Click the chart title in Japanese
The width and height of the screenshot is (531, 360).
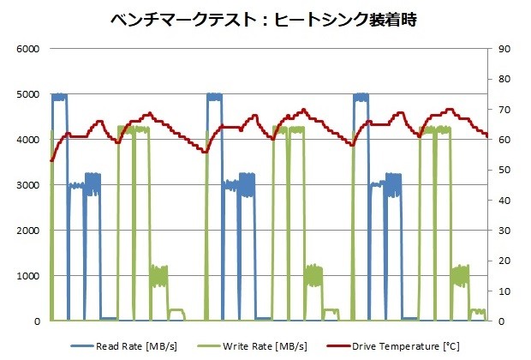tap(265, 19)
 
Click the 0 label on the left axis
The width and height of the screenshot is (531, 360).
tap(37, 321)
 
